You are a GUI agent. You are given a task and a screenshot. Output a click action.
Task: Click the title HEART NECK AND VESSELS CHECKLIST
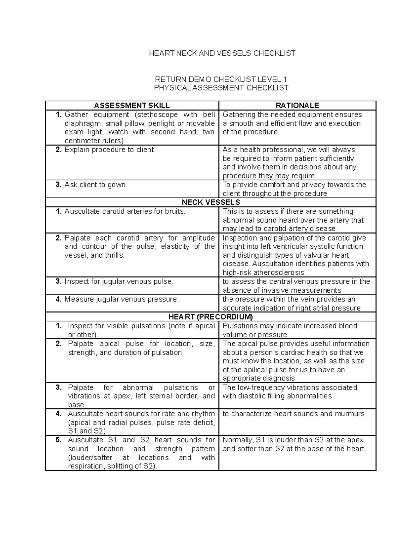pos(222,53)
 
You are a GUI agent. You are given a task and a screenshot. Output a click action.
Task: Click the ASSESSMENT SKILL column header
pos(132,106)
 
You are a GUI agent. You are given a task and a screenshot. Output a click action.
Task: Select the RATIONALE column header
pos(297,106)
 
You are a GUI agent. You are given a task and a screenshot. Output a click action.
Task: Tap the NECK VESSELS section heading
pos(211,202)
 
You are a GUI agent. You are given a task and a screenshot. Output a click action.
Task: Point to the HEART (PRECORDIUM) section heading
pos(211,317)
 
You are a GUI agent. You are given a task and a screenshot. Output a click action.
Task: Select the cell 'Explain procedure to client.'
pos(110,150)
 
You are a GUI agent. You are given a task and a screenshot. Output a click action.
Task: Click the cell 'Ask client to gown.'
pos(96,185)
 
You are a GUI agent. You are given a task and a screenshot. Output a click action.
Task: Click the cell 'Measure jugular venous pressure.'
pos(121,299)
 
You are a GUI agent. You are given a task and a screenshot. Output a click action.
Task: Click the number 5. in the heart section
pos(59,440)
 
